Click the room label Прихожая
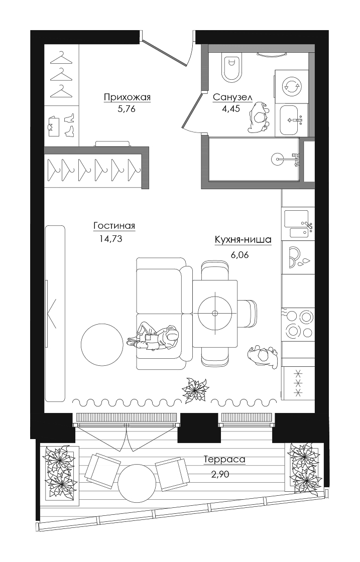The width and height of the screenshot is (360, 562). (127, 97)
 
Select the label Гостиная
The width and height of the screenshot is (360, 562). (114, 226)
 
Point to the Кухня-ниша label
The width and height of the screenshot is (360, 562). (243, 240)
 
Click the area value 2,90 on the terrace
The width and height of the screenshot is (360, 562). (220, 475)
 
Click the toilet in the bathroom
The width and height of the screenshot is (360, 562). (232, 67)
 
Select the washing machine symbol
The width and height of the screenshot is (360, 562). (291, 86)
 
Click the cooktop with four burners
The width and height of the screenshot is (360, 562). (298, 324)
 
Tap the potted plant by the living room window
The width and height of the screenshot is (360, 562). (195, 389)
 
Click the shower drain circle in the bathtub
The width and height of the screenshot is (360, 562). (278, 158)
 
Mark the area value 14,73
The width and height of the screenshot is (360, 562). (111, 238)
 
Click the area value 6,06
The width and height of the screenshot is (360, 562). (240, 255)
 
